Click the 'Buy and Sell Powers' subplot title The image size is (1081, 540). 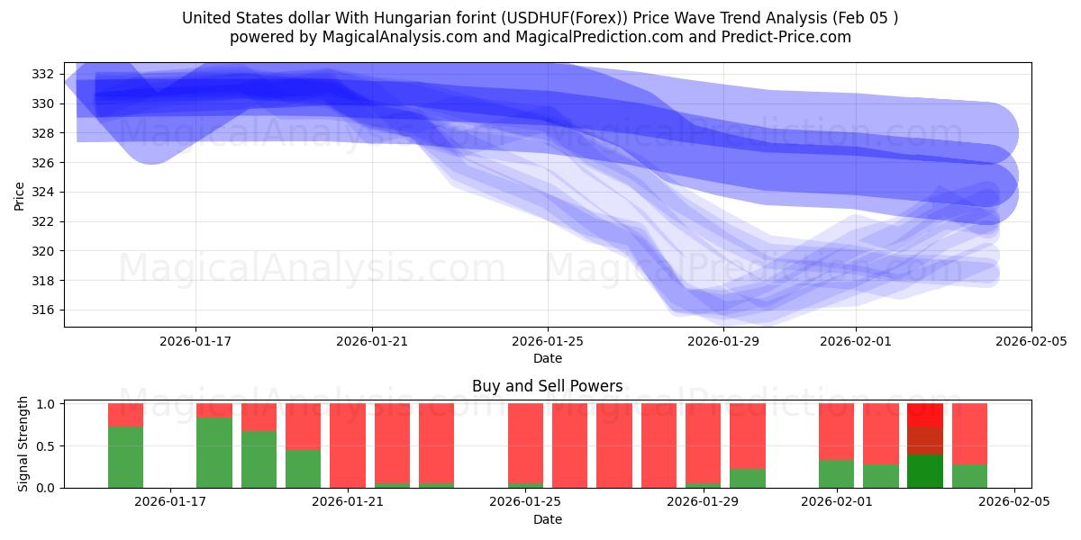(x=547, y=386)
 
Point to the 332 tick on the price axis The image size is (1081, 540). (x=46, y=74)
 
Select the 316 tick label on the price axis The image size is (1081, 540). (x=46, y=310)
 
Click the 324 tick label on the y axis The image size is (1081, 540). (x=46, y=192)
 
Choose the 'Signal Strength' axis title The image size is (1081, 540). (x=23, y=444)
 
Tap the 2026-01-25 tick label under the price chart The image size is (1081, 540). (x=548, y=341)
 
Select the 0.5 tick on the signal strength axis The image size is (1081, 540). (x=46, y=445)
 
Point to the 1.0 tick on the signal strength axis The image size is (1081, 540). (x=46, y=404)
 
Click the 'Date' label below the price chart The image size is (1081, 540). (x=547, y=358)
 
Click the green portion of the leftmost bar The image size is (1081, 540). (x=126, y=457)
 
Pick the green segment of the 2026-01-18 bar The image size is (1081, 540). (x=214, y=453)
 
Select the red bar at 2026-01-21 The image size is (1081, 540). (x=348, y=445)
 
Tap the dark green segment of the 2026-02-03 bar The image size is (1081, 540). (x=925, y=472)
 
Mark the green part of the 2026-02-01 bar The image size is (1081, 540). (x=837, y=474)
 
